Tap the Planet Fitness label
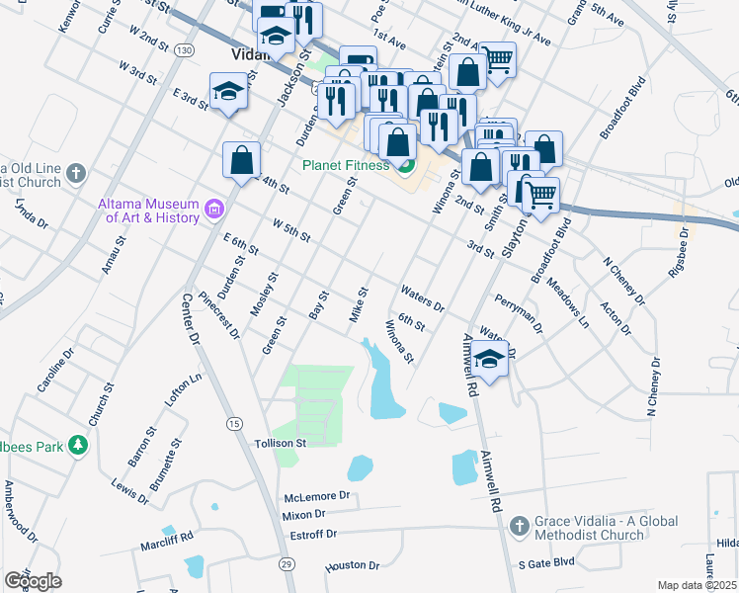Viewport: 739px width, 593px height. [x=346, y=165]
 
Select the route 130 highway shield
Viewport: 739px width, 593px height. [x=184, y=48]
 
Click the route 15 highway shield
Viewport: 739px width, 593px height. [x=233, y=423]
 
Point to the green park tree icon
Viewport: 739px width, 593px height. [x=77, y=447]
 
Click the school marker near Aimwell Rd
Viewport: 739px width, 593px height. [x=489, y=358]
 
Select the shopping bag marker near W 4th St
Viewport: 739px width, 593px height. [x=241, y=161]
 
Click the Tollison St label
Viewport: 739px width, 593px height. [x=282, y=444]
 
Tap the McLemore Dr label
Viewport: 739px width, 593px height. [x=316, y=495]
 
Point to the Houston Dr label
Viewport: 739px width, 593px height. [x=353, y=566]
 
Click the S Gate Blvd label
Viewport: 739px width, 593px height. [x=546, y=562]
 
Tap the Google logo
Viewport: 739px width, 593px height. [x=33, y=581]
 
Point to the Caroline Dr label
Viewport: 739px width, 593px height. [x=54, y=370]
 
